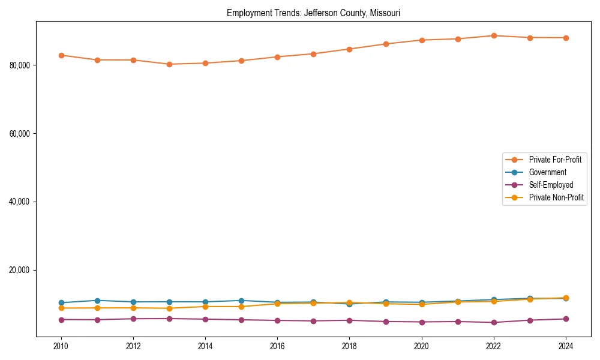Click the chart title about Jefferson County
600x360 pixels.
[x=313, y=13]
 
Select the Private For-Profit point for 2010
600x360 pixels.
[x=61, y=55]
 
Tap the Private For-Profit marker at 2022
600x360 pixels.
[x=494, y=35]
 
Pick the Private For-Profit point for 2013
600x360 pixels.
[x=169, y=64]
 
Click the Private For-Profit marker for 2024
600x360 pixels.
[x=566, y=38]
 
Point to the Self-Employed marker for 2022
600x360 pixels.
[x=494, y=322]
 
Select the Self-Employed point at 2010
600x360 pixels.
[x=61, y=320]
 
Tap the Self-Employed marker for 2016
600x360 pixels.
[x=277, y=320]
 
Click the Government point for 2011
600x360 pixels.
[x=97, y=301]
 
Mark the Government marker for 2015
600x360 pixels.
[x=241, y=301]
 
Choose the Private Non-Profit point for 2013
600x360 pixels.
[x=169, y=308]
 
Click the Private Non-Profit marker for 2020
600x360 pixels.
[x=422, y=304]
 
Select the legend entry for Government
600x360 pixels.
[x=547, y=172]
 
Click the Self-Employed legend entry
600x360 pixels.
[x=551, y=185]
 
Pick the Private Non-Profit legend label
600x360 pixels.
[x=556, y=197]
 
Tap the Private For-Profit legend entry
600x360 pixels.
[x=555, y=160]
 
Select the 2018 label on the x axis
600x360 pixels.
[x=349, y=346]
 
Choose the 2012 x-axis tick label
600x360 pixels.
[x=133, y=346]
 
